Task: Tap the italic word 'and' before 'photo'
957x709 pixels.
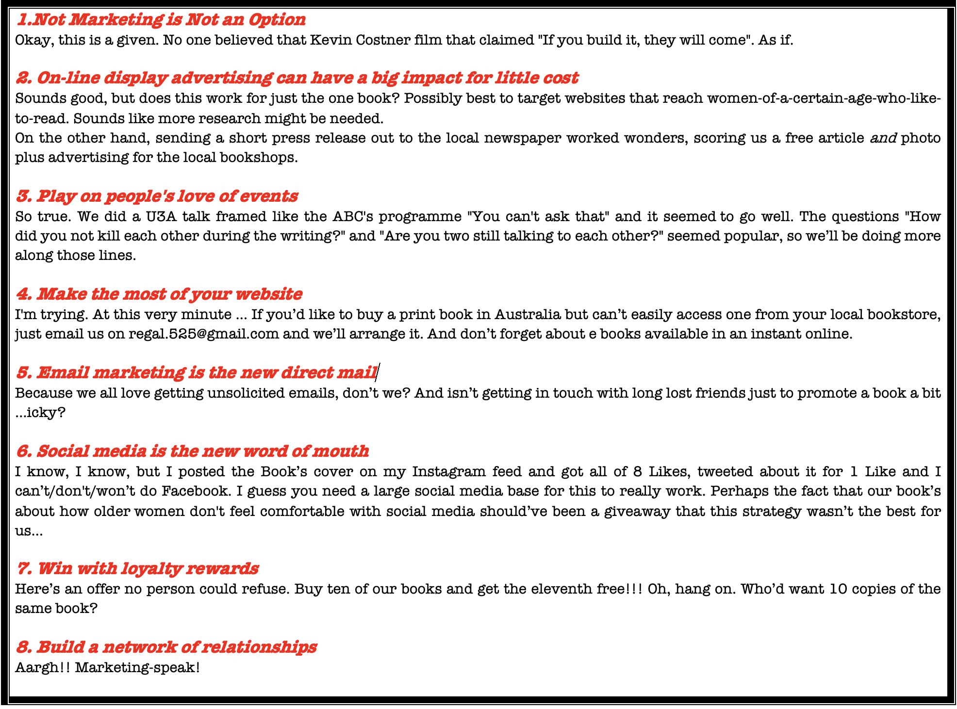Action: [883, 138]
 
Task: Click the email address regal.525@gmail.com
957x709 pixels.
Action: [203, 334]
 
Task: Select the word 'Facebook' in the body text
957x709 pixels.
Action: [195, 491]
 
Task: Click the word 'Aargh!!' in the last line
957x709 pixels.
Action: [42, 668]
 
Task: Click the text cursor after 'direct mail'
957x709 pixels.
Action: [379, 372]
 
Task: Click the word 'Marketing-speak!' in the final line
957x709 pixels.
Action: [137, 668]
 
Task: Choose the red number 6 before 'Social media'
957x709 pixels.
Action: [23, 451]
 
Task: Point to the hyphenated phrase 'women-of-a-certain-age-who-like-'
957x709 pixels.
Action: [824, 98]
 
